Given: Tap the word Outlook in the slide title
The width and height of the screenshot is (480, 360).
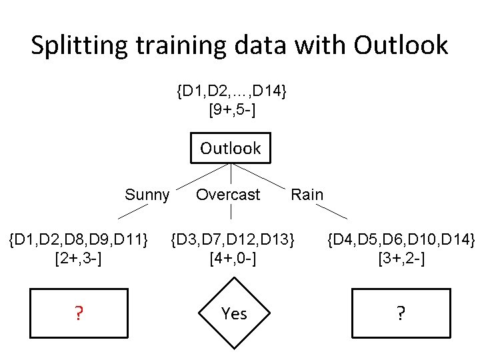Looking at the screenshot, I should [401, 45].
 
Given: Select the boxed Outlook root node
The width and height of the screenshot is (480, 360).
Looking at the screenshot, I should [231, 148].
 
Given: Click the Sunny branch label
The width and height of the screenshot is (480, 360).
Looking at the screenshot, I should [147, 195].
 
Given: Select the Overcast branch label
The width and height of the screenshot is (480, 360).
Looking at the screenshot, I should [228, 195].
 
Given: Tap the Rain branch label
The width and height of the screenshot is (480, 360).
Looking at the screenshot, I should [307, 195].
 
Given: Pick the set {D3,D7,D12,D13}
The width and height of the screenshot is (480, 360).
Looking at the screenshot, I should [233, 238].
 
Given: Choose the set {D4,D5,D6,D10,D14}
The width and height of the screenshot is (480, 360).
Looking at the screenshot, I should [401, 238].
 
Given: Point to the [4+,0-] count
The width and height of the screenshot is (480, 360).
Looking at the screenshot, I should [233, 257].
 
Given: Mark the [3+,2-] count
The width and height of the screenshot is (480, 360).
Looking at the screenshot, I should [401, 257].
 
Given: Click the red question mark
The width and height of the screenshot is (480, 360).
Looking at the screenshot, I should [79, 314].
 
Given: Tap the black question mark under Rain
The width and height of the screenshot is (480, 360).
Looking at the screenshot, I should [400, 314].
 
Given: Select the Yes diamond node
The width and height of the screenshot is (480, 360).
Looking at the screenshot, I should [234, 314].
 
